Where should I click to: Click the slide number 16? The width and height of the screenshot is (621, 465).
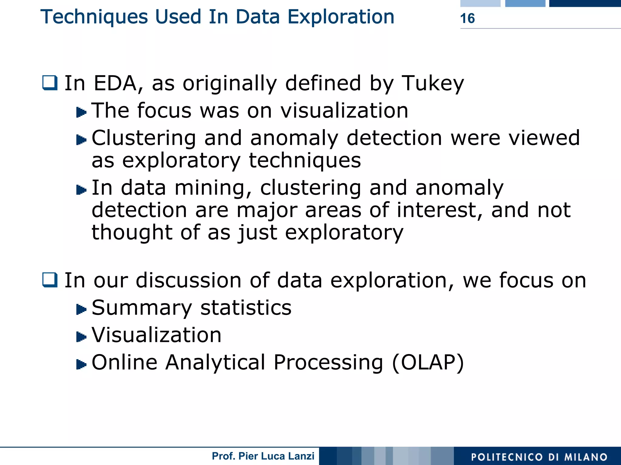467,18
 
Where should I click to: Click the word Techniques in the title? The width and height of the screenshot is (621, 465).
94,17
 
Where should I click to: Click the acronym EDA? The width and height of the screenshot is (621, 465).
115,83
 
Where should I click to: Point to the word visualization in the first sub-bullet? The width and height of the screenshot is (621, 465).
344,111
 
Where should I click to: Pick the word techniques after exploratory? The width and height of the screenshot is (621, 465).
305,161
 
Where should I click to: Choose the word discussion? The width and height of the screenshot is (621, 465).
189,280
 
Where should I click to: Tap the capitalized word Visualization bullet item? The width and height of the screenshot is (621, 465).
156,335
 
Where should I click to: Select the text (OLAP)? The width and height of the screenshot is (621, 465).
428,363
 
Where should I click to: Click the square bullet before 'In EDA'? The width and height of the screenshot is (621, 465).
50,83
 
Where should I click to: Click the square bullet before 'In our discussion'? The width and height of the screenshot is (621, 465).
50,280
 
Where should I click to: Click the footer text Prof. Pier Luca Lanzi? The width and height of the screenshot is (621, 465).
263,456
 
